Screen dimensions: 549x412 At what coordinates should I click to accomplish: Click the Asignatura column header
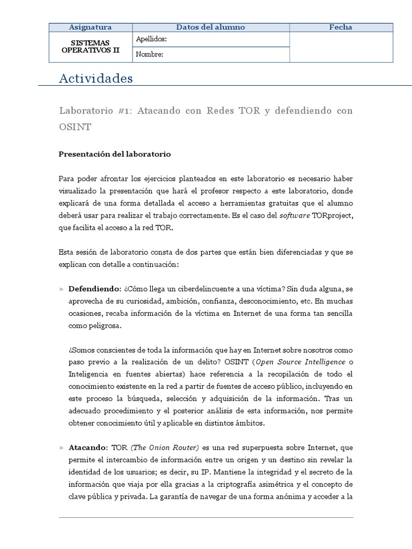91,27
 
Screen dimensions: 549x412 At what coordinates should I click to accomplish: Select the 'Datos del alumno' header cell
210,27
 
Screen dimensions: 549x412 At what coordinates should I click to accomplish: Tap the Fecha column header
341,27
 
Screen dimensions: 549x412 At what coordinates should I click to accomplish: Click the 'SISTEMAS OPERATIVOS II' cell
91,47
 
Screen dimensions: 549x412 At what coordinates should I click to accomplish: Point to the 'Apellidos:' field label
151,39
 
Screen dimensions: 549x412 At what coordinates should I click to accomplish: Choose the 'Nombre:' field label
150,54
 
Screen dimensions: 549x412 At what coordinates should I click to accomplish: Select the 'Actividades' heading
95,79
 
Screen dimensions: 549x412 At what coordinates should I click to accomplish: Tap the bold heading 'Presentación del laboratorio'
114,154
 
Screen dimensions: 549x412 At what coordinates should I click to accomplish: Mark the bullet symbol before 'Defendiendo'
61,289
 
